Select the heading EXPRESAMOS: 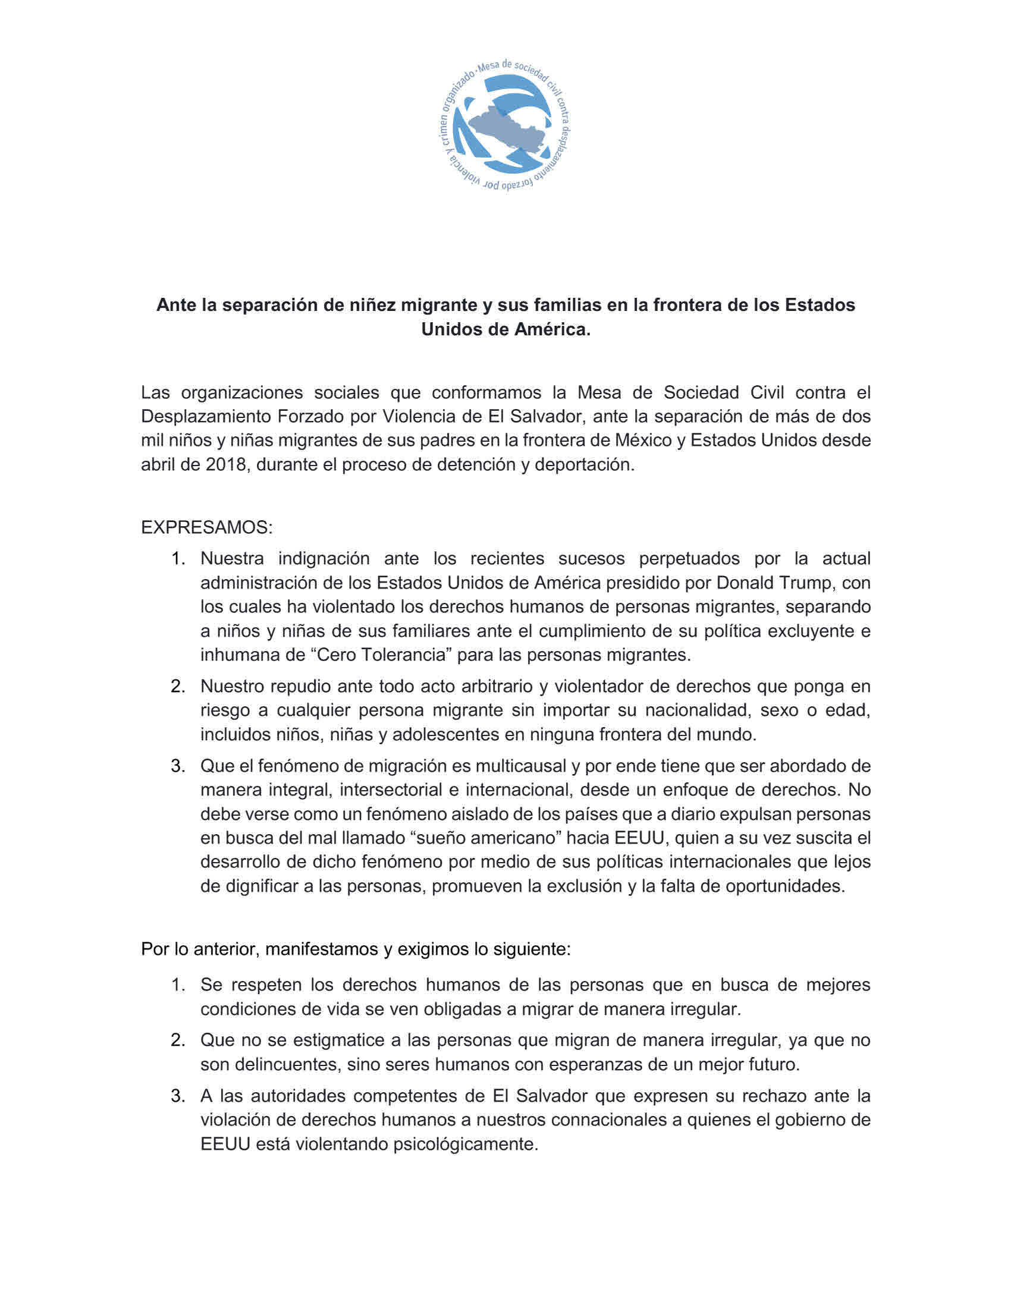[206, 527]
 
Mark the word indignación [324, 558]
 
